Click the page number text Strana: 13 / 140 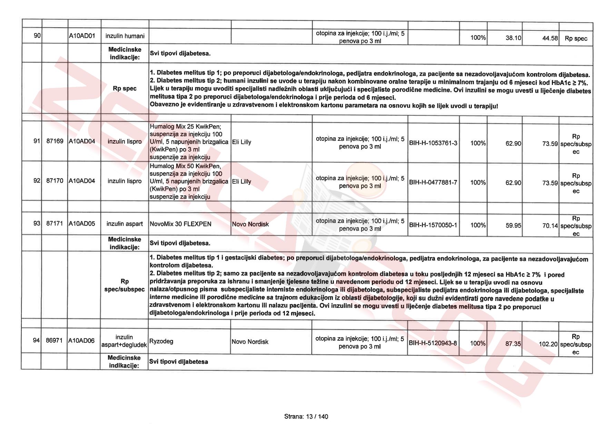[306, 417]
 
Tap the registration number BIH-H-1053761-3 [433, 143]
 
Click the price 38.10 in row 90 [513, 38]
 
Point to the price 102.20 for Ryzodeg [548, 344]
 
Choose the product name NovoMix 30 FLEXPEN [180, 224]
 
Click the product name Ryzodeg [161, 341]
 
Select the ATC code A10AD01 [82, 36]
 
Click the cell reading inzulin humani [125, 36]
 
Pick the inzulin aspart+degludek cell [124, 341]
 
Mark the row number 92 [37, 181]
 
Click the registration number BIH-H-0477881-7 [433, 182]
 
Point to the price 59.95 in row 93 [513, 225]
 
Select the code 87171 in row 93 [54, 224]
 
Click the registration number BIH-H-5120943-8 [433, 343]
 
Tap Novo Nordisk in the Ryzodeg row [250, 342]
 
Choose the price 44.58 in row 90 [550, 38]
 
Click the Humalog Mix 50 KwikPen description [189, 182]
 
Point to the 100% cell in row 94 [478, 343]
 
